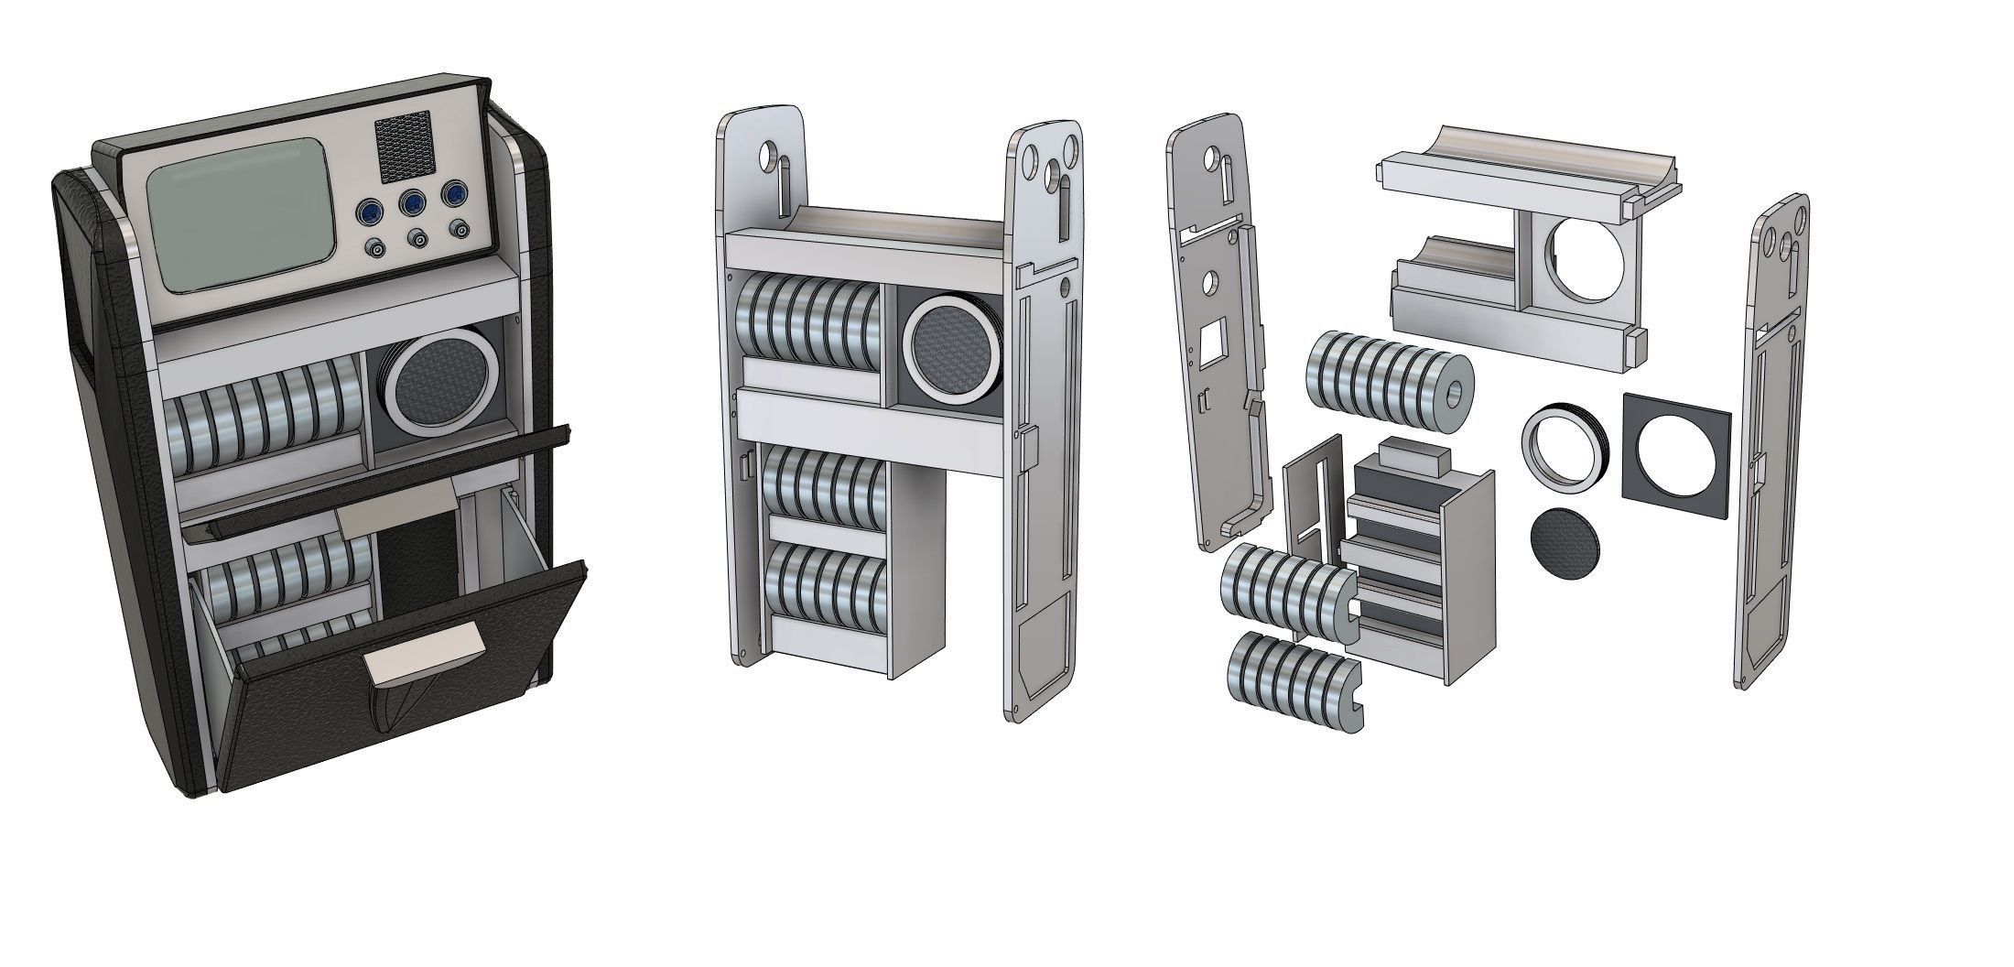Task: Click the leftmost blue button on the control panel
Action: pos(369,212)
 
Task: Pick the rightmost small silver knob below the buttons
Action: pos(457,229)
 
